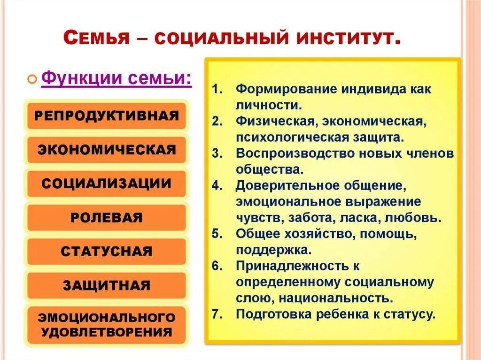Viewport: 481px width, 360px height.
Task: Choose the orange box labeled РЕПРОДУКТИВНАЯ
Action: coord(107,116)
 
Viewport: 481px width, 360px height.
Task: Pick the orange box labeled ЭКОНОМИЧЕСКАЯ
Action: coord(107,150)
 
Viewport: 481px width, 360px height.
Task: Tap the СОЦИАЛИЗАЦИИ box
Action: coord(107,184)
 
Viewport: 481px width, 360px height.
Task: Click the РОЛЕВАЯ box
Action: coord(107,218)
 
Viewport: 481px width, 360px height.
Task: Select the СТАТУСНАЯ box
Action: coord(107,252)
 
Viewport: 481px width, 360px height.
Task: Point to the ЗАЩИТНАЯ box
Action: coord(107,285)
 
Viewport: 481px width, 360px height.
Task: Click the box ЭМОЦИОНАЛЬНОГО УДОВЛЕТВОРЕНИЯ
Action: coord(107,325)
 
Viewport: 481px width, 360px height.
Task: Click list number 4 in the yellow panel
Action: coord(216,186)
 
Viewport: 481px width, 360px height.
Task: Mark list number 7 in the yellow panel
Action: coord(216,314)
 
